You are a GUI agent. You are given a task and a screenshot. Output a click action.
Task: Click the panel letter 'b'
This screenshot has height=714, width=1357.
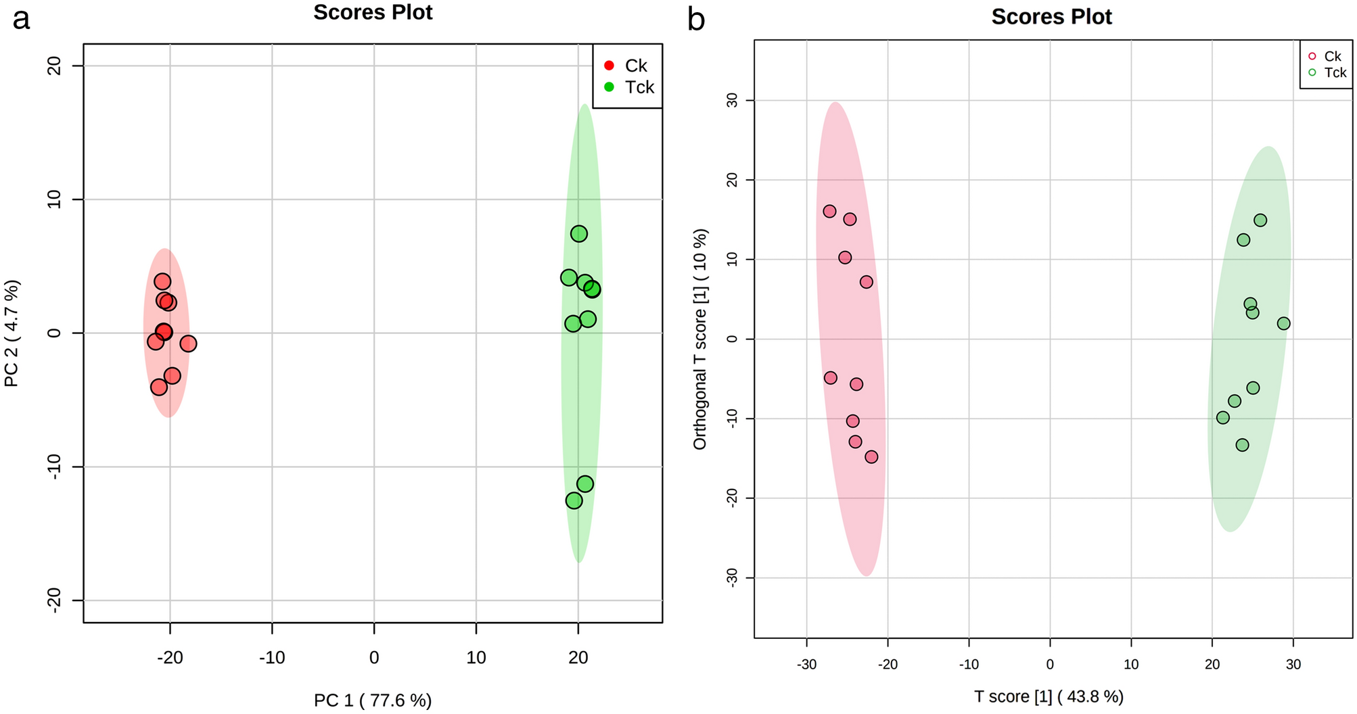[x=696, y=20]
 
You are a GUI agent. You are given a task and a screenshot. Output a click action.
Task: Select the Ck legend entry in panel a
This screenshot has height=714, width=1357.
[x=627, y=66]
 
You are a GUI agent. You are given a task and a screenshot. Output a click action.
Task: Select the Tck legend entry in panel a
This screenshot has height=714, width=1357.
[x=630, y=87]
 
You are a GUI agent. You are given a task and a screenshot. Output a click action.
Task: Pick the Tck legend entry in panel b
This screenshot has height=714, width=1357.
[x=1327, y=72]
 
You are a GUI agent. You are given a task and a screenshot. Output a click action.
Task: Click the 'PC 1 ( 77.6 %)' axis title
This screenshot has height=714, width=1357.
[x=373, y=700]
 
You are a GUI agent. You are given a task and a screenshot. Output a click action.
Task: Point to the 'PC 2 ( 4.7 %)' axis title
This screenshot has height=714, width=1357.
[x=11, y=333]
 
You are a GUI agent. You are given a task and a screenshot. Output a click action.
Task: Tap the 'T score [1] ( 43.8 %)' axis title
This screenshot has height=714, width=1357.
[x=1049, y=696]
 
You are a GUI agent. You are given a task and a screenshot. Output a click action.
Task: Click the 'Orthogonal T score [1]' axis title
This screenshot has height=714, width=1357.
[x=700, y=339]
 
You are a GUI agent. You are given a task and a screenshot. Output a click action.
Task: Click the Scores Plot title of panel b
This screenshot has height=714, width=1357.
[x=1051, y=17]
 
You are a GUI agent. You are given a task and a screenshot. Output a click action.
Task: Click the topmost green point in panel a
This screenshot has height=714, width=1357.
[x=579, y=234]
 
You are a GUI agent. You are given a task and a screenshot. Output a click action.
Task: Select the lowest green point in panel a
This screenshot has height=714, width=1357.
[x=574, y=501]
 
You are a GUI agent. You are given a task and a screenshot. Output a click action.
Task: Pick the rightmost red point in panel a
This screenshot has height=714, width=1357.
[x=188, y=343]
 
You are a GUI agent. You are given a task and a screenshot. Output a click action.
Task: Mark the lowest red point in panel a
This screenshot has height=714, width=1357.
[x=159, y=387]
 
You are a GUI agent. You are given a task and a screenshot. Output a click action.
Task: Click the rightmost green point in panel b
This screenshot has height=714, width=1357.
[x=1283, y=324]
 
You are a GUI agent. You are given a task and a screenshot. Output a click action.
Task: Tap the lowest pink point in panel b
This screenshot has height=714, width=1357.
[x=871, y=457]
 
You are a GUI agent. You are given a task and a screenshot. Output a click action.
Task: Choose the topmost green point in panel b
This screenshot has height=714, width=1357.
[x=1260, y=220]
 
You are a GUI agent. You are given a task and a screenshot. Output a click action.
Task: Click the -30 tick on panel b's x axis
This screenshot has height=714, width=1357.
[x=806, y=665]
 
